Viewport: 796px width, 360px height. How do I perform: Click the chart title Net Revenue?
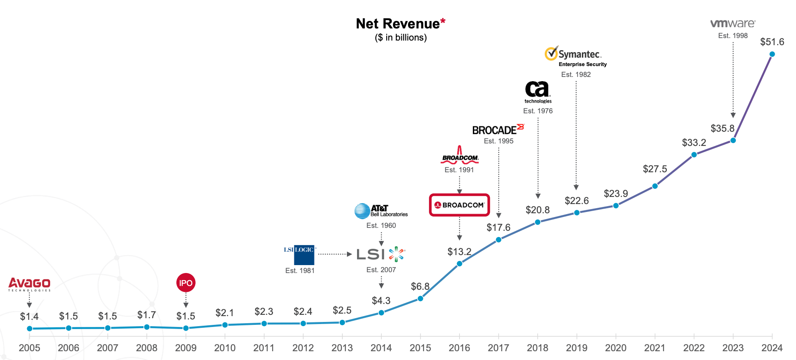[x=398, y=24]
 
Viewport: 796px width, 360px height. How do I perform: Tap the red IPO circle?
[x=186, y=283]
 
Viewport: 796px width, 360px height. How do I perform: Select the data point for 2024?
[x=772, y=54]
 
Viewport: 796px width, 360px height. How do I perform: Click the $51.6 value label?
[x=772, y=42]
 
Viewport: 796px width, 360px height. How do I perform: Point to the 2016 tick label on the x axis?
[x=459, y=348]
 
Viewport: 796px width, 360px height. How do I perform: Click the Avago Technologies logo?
[x=29, y=284]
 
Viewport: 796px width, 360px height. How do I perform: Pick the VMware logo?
[x=732, y=24]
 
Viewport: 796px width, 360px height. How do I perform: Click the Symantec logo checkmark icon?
[x=551, y=54]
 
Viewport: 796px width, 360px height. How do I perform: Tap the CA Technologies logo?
[x=537, y=92]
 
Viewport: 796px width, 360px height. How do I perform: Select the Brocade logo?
[x=497, y=130]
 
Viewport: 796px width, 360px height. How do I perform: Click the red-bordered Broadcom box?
[x=459, y=205]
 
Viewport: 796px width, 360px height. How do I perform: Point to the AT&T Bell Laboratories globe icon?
[x=362, y=211]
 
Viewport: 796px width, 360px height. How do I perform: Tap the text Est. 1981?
[x=300, y=271]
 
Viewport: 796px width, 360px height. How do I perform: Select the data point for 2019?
[x=577, y=213]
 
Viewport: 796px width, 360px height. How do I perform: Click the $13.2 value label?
[x=459, y=252]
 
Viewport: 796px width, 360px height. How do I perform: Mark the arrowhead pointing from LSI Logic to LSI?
[x=350, y=254]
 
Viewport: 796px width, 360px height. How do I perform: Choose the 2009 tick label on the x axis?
[x=186, y=348]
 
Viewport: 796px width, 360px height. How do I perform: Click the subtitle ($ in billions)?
[x=401, y=38]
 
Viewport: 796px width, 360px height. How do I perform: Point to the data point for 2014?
[x=381, y=313]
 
